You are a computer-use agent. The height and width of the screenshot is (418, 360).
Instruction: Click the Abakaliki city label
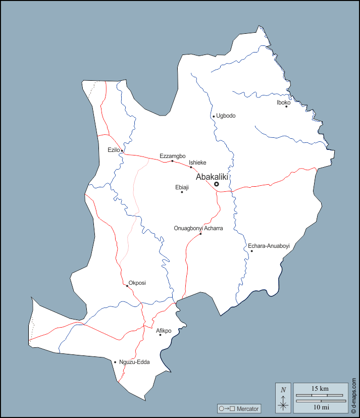pyautogui.click(x=212, y=177)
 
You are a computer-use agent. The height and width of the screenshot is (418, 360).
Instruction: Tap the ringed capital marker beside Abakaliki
pyautogui.click(x=217, y=184)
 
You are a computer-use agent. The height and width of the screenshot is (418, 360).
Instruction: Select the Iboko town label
pyautogui.click(x=283, y=102)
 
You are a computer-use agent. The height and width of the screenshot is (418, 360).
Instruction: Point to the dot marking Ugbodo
pyautogui.click(x=214, y=117)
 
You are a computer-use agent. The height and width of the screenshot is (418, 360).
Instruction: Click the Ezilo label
pyautogui.click(x=113, y=150)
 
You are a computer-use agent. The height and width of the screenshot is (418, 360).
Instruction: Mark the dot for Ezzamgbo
pyautogui.click(x=172, y=161)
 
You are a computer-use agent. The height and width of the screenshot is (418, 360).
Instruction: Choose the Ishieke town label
pyautogui.click(x=197, y=163)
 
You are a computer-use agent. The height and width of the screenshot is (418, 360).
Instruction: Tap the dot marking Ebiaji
pyautogui.click(x=182, y=192)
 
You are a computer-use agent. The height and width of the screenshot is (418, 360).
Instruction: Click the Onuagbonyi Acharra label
pyautogui.click(x=198, y=228)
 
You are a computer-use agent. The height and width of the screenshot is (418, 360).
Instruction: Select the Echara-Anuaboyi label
pyautogui.click(x=269, y=246)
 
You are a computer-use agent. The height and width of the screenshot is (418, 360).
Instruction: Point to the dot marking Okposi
pyautogui.click(x=127, y=286)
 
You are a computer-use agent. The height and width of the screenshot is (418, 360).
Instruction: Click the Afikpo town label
pyautogui.click(x=164, y=331)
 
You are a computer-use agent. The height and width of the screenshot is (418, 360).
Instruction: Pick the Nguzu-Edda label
pyautogui.click(x=134, y=362)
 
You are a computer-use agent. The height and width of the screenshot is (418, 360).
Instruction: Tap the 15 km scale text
pyautogui.click(x=320, y=389)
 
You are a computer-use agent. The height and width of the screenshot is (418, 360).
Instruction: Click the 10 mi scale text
pyautogui.click(x=320, y=407)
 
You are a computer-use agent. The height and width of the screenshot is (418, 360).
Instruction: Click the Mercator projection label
pyautogui.click(x=247, y=408)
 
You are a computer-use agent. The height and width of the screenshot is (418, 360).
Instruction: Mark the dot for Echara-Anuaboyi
pyautogui.click(x=251, y=251)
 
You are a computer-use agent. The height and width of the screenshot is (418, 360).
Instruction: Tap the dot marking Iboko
pyautogui.click(x=286, y=107)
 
